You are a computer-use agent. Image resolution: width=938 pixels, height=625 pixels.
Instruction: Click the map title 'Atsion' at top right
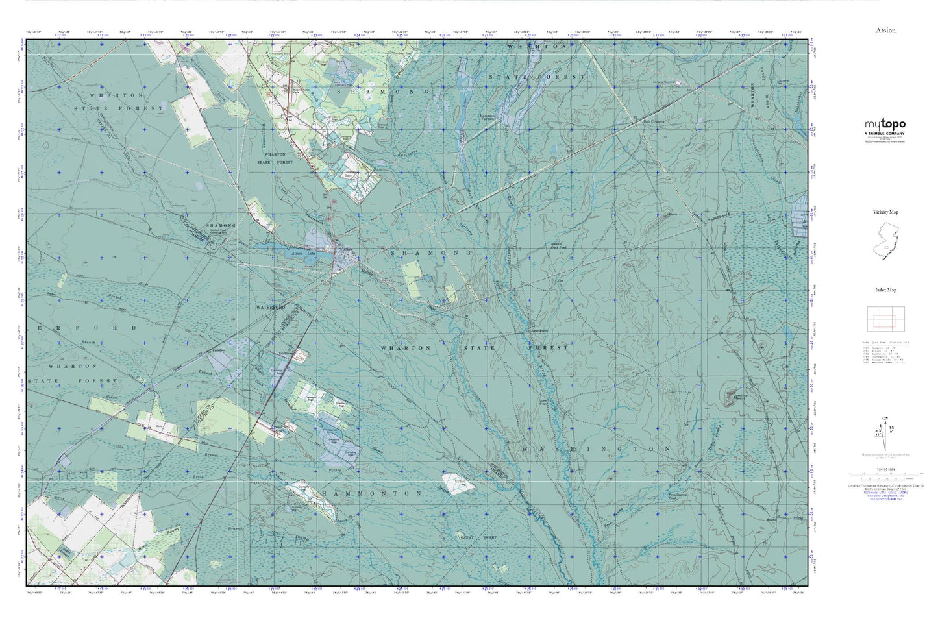click(x=885, y=31)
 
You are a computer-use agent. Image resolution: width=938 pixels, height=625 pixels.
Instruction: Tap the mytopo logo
click(x=885, y=125)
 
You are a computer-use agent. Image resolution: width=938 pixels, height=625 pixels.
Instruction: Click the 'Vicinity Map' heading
click(x=885, y=212)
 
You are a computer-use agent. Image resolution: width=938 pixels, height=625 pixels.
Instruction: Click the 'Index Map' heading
click(x=885, y=290)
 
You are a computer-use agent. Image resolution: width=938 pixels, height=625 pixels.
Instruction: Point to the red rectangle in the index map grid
click(x=885, y=320)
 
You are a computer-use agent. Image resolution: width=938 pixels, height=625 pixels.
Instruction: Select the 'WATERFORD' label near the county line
click(x=271, y=306)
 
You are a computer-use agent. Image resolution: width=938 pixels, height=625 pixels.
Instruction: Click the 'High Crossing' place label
click(x=653, y=121)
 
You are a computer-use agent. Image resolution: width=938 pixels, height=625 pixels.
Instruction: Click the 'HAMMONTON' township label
click(x=372, y=493)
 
